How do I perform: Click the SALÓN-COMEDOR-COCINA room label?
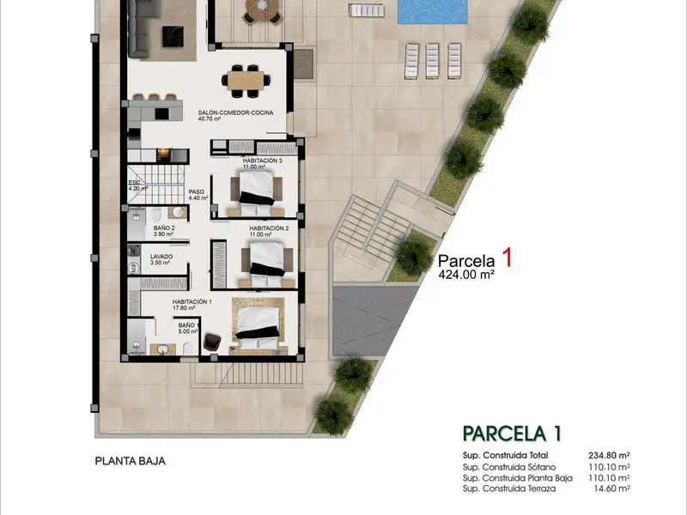(235, 112)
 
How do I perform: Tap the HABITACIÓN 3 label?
(263, 161)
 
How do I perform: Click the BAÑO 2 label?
(164, 228)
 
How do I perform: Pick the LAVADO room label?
(161, 257)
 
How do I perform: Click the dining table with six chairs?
(246, 81)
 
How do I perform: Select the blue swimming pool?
(432, 11)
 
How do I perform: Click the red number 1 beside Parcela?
(507, 258)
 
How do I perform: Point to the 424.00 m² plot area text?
(466, 275)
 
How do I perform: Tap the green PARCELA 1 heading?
(512, 434)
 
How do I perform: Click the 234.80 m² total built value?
(609, 456)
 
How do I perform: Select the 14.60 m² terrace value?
(611, 488)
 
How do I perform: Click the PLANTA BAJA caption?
(131, 461)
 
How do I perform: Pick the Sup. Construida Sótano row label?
(509, 467)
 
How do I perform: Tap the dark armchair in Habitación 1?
(212, 342)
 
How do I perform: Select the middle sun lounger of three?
(432, 61)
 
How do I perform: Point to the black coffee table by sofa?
(173, 36)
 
